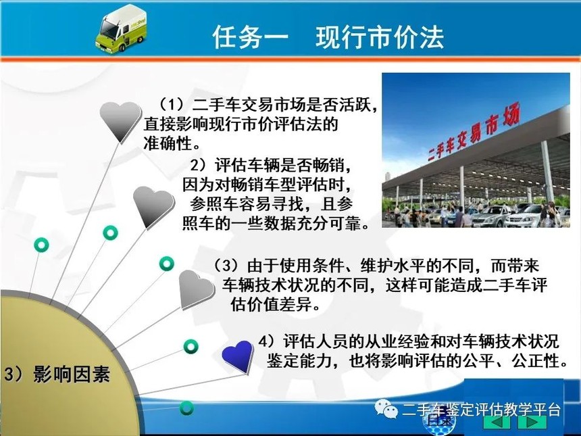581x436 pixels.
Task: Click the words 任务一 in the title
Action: pyautogui.click(x=251, y=37)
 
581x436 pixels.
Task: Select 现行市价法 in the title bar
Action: pyautogui.click(x=380, y=37)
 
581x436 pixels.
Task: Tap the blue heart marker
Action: pyautogui.click(x=238, y=357)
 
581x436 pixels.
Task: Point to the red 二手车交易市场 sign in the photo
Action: pyautogui.click(x=474, y=132)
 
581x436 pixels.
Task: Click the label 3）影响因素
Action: pyautogui.click(x=57, y=374)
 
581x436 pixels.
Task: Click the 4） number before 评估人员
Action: pyautogui.click(x=268, y=341)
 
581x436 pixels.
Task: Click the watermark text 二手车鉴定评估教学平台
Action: pyautogui.click(x=481, y=410)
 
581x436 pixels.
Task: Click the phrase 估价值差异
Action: pyautogui.click(x=271, y=304)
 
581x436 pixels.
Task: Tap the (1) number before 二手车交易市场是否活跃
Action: pyautogui.click(x=172, y=105)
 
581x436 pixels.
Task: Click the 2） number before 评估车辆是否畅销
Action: pyautogui.click(x=201, y=164)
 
